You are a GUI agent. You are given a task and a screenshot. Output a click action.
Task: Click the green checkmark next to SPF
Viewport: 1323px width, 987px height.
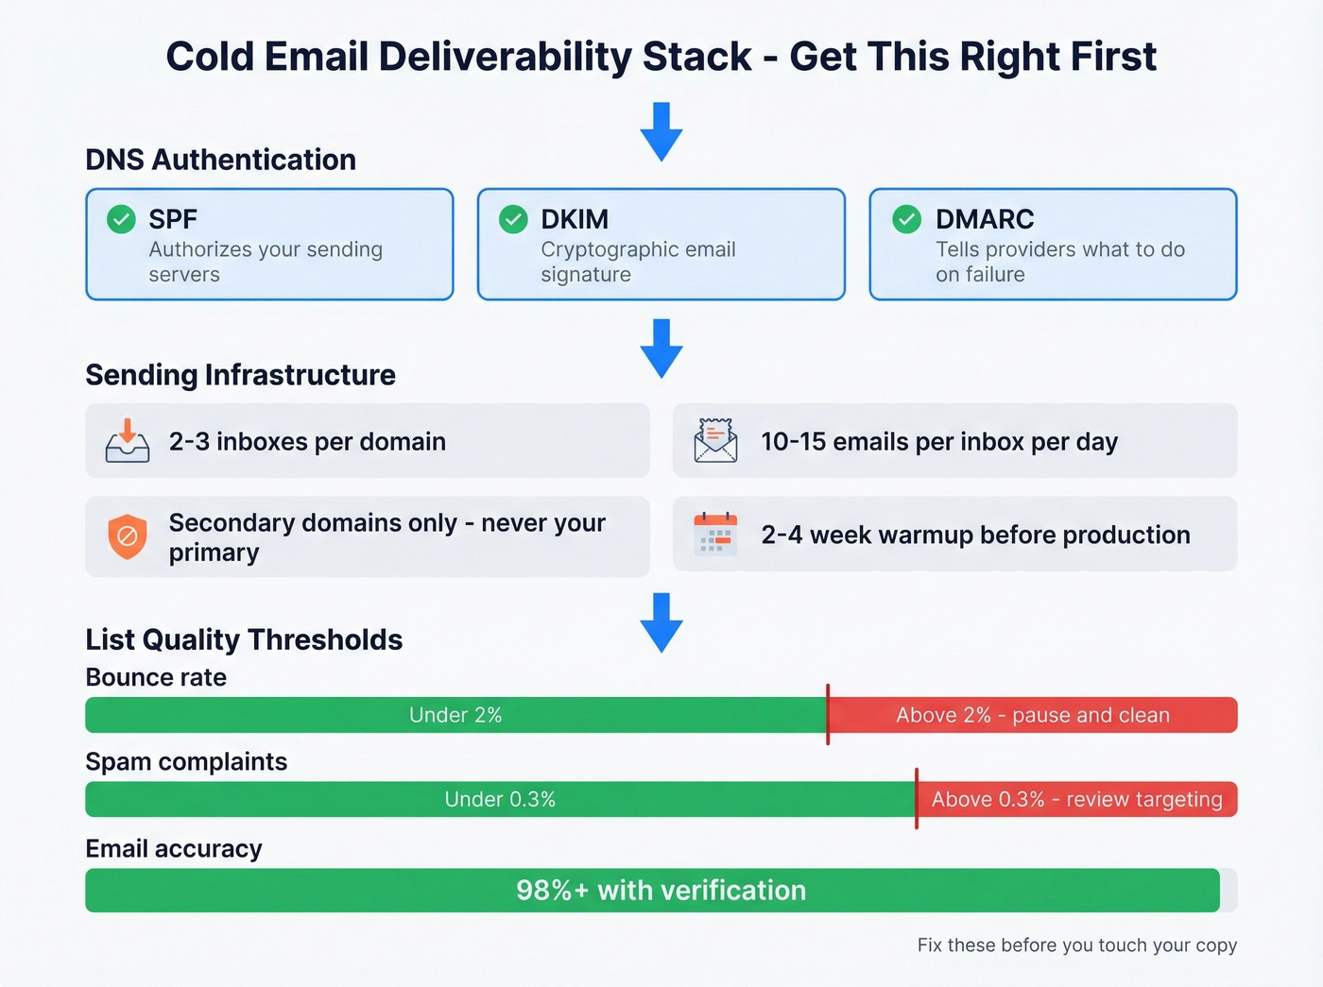click(121, 219)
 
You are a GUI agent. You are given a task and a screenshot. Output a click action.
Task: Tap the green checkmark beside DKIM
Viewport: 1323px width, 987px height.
click(513, 219)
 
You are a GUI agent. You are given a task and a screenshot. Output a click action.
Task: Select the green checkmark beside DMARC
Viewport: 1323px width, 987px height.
click(907, 219)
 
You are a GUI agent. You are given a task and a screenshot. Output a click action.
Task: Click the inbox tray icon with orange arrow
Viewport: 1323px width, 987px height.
click(128, 441)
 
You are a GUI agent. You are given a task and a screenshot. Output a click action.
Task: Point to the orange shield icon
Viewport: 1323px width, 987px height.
click(128, 536)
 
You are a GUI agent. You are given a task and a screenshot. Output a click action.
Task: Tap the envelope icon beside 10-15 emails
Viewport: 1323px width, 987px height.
click(715, 441)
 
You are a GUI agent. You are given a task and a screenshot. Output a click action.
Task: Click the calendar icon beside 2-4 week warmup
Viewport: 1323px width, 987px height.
click(715, 535)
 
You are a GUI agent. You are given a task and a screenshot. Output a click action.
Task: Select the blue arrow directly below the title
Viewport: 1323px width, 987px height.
click(661, 131)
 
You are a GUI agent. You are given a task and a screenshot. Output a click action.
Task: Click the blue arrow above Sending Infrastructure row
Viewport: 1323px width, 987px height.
click(661, 348)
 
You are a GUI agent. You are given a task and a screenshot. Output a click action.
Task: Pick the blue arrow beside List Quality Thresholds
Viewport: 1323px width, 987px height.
click(661, 622)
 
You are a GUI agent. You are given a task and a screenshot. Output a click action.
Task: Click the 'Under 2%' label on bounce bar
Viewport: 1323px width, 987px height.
click(455, 715)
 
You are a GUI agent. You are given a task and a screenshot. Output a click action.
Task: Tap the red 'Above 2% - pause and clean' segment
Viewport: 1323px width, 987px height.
click(1033, 715)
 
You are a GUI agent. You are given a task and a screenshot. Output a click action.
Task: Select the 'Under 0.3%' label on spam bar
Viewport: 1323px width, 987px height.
click(500, 799)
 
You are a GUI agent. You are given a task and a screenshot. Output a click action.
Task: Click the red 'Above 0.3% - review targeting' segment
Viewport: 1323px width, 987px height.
click(1077, 799)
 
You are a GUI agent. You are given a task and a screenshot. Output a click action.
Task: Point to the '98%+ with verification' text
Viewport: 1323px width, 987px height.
click(661, 890)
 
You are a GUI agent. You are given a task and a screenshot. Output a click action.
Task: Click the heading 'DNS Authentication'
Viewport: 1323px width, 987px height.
click(220, 160)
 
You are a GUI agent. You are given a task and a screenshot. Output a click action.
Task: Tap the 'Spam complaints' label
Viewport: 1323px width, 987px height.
click(186, 761)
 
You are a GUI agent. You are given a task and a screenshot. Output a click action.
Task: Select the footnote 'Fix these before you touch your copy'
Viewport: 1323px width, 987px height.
click(1076, 944)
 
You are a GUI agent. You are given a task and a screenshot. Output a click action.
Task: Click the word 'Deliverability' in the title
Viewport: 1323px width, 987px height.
click(505, 57)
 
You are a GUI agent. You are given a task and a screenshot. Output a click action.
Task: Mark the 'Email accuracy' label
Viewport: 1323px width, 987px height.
click(174, 848)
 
